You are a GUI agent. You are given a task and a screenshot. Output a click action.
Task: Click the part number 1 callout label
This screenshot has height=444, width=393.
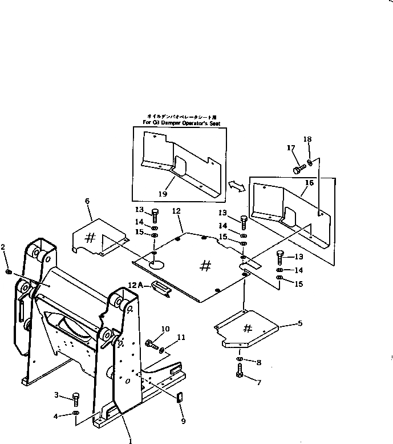coord(131,441)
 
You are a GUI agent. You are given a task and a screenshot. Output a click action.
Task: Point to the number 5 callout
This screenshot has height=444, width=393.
coord(300,323)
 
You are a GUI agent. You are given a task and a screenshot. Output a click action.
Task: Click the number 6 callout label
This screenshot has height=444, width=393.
coord(87,201)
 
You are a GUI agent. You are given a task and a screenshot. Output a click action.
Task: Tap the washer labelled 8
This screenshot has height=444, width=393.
coord(240,360)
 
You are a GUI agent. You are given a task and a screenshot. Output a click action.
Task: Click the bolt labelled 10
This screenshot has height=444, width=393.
coord(152,345)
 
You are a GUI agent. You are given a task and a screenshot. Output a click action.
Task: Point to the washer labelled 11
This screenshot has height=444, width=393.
coord(163,349)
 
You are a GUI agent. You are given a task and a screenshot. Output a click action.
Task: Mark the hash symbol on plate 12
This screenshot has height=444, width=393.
coord(206,265)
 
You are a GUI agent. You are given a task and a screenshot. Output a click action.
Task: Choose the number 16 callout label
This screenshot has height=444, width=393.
coord(310,182)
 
